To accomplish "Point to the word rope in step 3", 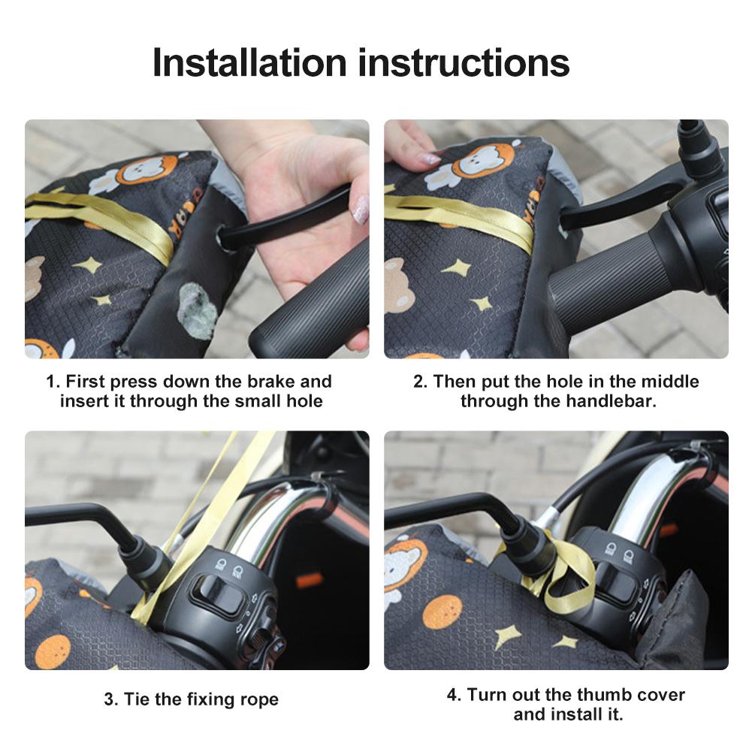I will click(258, 699).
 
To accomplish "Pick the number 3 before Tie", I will click(109, 699).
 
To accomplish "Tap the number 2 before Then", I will click(418, 382).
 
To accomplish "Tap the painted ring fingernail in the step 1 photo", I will click(361, 210).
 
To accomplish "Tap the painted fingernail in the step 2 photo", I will click(430, 159).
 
